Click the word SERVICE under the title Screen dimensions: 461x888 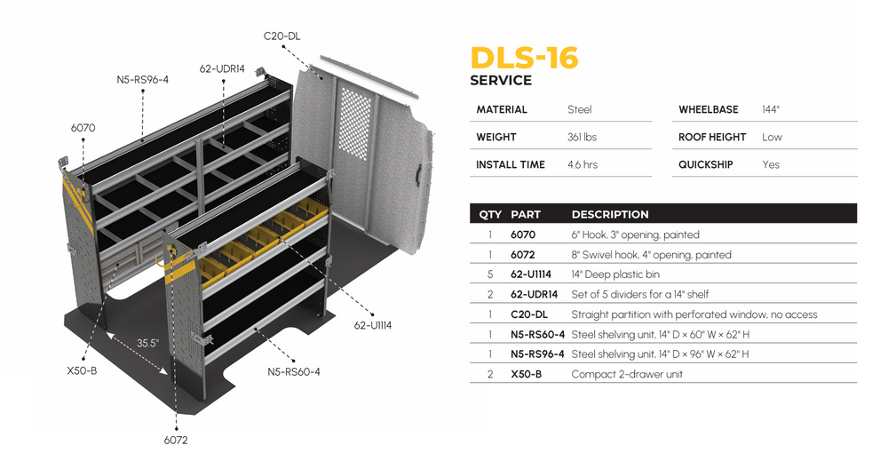(501, 80)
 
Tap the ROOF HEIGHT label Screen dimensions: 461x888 (714, 137)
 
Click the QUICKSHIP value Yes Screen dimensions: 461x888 (771, 164)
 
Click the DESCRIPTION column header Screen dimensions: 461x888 (609, 214)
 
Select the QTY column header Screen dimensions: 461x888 (490, 214)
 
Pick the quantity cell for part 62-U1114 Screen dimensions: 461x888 (490, 274)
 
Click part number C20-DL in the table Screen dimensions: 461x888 (529, 314)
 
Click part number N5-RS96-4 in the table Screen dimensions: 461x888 (538, 354)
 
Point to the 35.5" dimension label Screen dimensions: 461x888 (147, 343)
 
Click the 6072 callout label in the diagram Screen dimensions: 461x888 (176, 440)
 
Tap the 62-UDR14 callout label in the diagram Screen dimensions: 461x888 (222, 68)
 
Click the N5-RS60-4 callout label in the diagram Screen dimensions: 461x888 (294, 371)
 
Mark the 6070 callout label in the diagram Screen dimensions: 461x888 (83, 128)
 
